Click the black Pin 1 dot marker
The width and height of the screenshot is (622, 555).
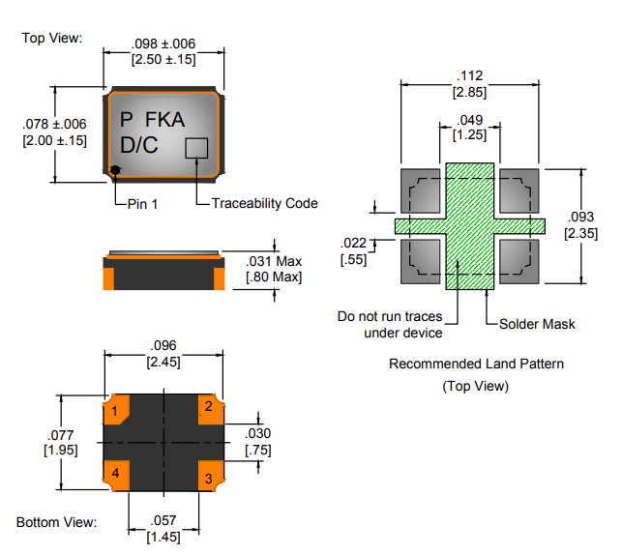point(115,170)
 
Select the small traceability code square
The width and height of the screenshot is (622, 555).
point(196,148)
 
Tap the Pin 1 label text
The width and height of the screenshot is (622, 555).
point(141,203)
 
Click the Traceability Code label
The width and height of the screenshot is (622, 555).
point(264,203)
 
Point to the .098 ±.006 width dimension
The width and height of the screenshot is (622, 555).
point(163,44)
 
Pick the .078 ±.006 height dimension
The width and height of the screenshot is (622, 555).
point(54,124)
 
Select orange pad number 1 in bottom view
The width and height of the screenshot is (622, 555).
point(116,412)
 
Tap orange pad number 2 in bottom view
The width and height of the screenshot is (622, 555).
point(209,406)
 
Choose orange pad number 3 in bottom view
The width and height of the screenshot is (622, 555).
point(209,477)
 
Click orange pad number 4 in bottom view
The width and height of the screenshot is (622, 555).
point(116,473)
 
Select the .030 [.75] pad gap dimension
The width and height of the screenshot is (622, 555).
point(258,441)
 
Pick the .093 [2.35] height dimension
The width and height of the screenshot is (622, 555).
point(580,225)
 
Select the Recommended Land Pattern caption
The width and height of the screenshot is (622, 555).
point(476,364)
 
